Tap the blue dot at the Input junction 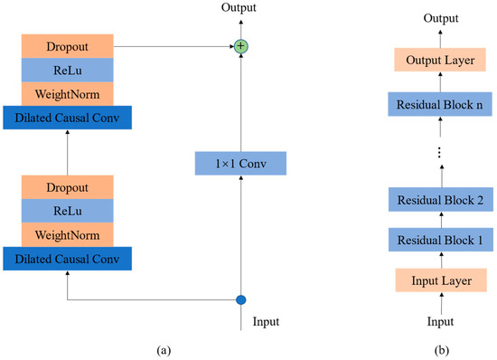(240, 299)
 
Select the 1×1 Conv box (239, 164)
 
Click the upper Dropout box (68, 45)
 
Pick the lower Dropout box (68, 188)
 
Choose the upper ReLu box (68, 70)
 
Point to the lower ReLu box (68, 212)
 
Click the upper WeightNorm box (68, 93)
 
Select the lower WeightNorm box (68, 235)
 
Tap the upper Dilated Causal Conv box (68, 117)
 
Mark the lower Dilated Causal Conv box (68, 259)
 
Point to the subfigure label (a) (159, 346)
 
